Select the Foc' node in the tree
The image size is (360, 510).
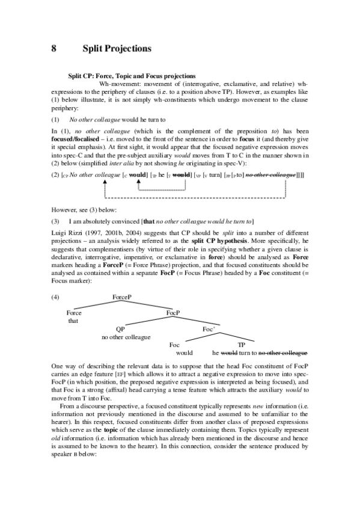[x=209, y=329]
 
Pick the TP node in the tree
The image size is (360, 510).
[x=242, y=345]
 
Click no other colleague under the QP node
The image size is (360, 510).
[x=126, y=337]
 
